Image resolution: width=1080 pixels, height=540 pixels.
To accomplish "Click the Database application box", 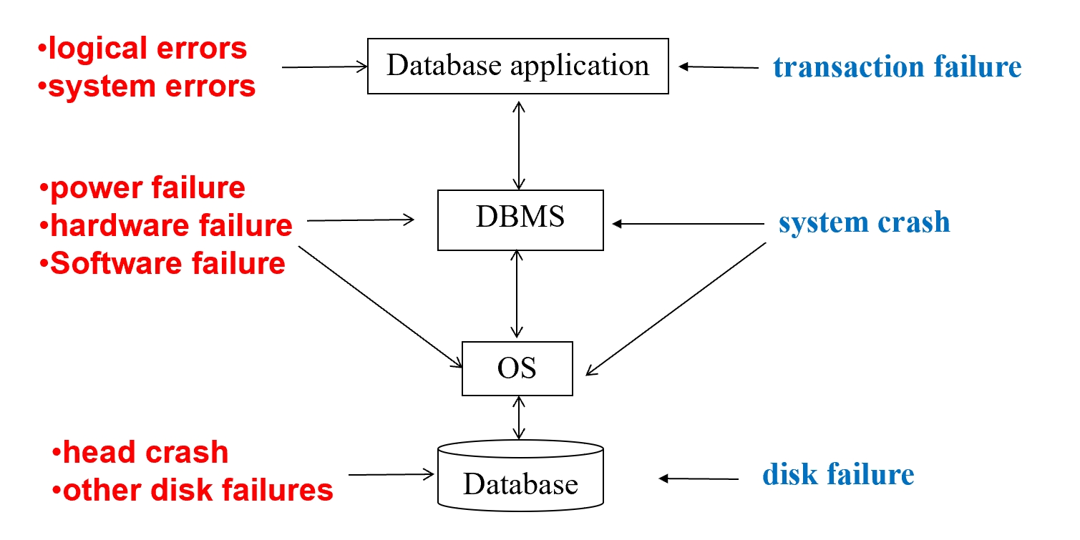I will click(x=517, y=67).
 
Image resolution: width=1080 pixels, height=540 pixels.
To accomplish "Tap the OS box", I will click(x=517, y=368).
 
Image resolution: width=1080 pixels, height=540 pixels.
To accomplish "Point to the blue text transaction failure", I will click(x=897, y=67).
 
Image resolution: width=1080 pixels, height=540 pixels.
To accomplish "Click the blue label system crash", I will click(x=864, y=223).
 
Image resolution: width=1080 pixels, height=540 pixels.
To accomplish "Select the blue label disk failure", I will click(x=838, y=474).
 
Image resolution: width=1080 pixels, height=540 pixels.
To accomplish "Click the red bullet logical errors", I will click(x=142, y=49).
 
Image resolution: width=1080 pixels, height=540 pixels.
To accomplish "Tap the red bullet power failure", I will click(x=143, y=188).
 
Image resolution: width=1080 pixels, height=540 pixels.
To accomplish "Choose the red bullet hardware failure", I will click(x=166, y=225).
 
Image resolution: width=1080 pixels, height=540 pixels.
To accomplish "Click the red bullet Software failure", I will click(x=163, y=263).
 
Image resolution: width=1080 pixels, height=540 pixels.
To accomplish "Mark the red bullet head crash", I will click(x=140, y=453).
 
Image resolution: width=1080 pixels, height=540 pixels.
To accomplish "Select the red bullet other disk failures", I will click(x=193, y=491).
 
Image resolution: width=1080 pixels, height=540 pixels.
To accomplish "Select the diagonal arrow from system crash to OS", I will click(x=676, y=308).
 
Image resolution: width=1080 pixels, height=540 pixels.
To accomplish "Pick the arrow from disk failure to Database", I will click(x=698, y=478).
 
